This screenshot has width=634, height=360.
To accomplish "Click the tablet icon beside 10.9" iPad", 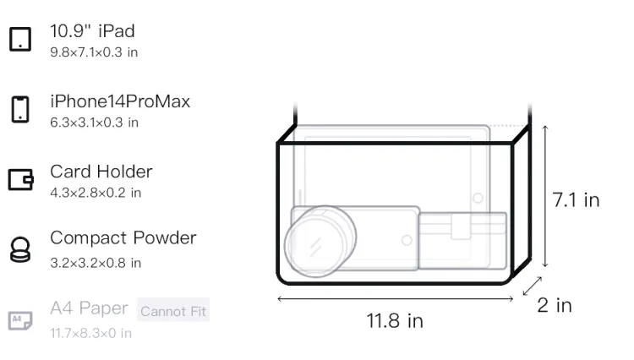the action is [x=20, y=39].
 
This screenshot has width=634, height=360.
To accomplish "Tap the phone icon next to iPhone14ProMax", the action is [x=20, y=109].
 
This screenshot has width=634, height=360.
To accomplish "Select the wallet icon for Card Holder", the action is [x=20, y=179].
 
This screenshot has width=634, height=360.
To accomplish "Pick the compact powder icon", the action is [x=19, y=249].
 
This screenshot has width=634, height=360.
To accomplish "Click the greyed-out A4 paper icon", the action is [x=20, y=320].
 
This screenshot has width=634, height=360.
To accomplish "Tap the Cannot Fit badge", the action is [x=173, y=311].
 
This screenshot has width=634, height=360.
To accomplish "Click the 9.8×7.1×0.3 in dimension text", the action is [x=94, y=52].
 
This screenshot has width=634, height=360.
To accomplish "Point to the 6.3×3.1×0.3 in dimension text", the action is [x=94, y=123].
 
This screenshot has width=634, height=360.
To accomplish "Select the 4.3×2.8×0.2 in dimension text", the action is [x=96, y=193].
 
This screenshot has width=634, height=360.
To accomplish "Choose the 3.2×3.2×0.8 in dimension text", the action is [x=96, y=263].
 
